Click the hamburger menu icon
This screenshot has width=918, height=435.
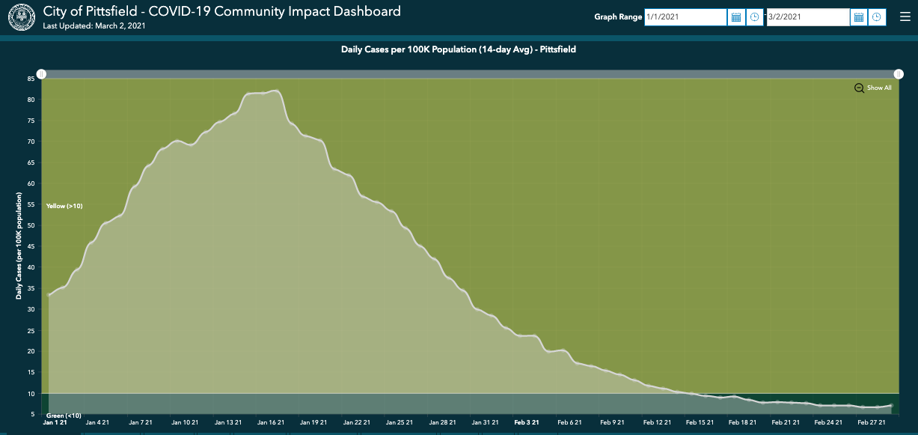click(x=905, y=16)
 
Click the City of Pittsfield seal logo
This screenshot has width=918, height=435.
click(x=21, y=16)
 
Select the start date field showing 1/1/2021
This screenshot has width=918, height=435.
click(x=685, y=17)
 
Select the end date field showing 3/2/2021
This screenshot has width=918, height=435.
click(x=808, y=17)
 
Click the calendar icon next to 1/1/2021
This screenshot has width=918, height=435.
click(x=736, y=17)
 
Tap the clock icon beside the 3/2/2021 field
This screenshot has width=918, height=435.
click(x=877, y=17)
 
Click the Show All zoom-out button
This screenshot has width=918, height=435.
click(x=873, y=88)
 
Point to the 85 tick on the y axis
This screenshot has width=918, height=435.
click(x=31, y=79)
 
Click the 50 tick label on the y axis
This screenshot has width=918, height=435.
click(x=31, y=225)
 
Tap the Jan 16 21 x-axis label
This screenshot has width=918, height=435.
click(x=270, y=422)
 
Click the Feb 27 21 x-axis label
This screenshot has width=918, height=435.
click(x=872, y=422)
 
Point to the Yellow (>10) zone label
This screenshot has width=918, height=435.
click(x=64, y=206)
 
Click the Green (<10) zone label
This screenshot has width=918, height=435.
click(x=64, y=416)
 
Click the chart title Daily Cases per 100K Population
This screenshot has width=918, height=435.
click(x=459, y=49)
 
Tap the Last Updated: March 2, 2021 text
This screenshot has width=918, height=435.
click(x=94, y=26)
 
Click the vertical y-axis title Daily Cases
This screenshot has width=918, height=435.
click(x=19, y=246)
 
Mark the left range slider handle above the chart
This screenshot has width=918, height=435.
click(x=42, y=74)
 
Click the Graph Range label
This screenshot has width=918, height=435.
click(x=617, y=17)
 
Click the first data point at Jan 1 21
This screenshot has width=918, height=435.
click(x=49, y=295)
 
